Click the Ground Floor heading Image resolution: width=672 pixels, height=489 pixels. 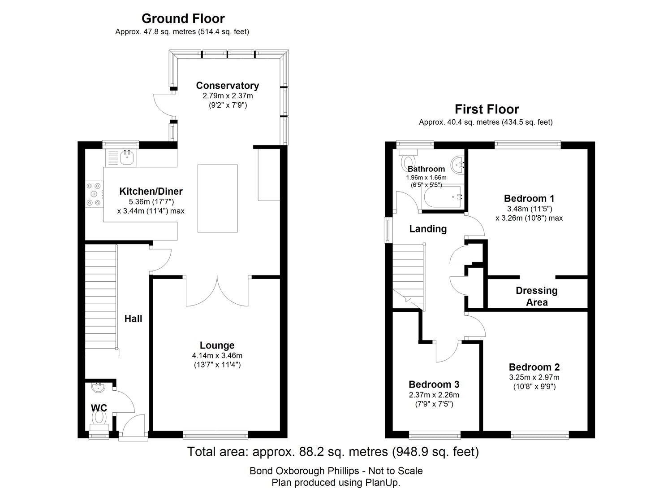click(x=183, y=19)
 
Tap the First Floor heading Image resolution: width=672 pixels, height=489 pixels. click(x=487, y=109)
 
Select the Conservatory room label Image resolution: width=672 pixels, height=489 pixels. click(x=228, y=86)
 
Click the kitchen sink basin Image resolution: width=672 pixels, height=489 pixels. click(x=127, y=157)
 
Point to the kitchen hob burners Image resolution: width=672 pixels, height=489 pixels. click(x=94, y=194)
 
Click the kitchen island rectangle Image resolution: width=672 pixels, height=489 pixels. click(x=217, y=198)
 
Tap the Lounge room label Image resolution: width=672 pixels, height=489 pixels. click(x=217, y=345)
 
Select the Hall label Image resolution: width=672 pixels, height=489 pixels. click(x=133, y=319)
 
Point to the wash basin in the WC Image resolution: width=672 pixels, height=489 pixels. click(x=99, y=388)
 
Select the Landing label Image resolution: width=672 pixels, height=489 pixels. click(x=428, y=229)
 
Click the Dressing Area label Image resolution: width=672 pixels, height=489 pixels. click(x=537, y=296)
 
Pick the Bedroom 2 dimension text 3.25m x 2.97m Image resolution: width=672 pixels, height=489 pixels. click(x=534, y=377)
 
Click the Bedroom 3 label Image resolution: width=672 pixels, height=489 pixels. click(x=434, y=384)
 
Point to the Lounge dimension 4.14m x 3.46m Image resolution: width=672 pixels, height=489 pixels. click(x=217, y=356)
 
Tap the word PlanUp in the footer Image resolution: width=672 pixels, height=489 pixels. click(x=383, y=482)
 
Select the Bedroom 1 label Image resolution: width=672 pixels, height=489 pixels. click(x=529, y=199)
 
